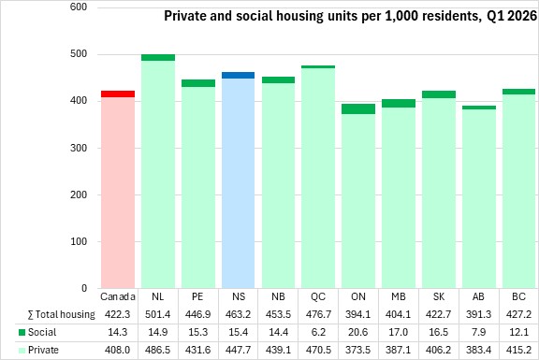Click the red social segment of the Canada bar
(x=118, y=94)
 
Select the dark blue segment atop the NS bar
(x=239, y=75)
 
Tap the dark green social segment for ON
(x=358, y=108)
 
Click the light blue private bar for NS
(x=239, y=183)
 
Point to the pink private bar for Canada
(x=118, y=193)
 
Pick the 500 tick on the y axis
(x=79, y=54)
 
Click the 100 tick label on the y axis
(x=79, y=241)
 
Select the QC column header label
(x=318, y=296)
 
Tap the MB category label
(x=399, y=296)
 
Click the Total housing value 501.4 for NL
(x=158, y=314)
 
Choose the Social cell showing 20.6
(x=358, y=332)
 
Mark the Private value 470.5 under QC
(x=318, y=350)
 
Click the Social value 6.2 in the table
(x=318, y=332)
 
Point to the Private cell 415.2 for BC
(x=518, y=350)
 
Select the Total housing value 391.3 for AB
(x=478, y=314)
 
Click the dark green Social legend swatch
(x=22, y=333)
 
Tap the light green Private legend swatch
(x=22, y=351)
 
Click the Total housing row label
(x=62, y=314)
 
